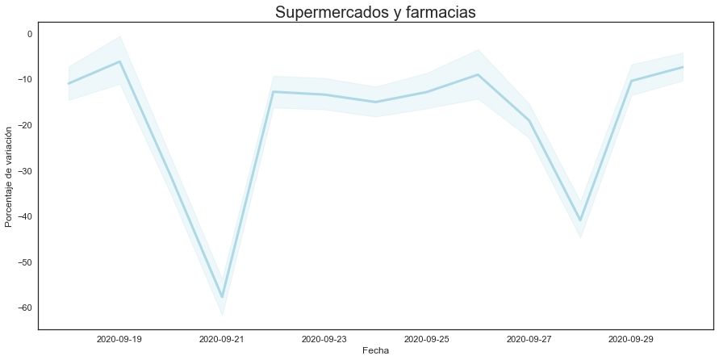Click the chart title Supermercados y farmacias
[376, 12]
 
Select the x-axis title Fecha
[376, 351]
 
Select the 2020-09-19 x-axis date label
[119, 340]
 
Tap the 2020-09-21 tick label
[222, 340]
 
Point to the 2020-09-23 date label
[324, 340]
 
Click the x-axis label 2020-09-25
[427, 340]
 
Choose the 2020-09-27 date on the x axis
[529, 340]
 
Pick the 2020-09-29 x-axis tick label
[632, 340]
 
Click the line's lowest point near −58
[222, 297]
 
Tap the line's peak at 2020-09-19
[119, 61]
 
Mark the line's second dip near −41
[580, 220]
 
